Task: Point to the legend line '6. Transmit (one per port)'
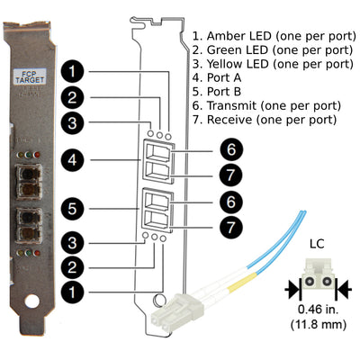265,105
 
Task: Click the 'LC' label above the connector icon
317,244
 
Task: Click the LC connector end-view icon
317,281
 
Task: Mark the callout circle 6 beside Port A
231,148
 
